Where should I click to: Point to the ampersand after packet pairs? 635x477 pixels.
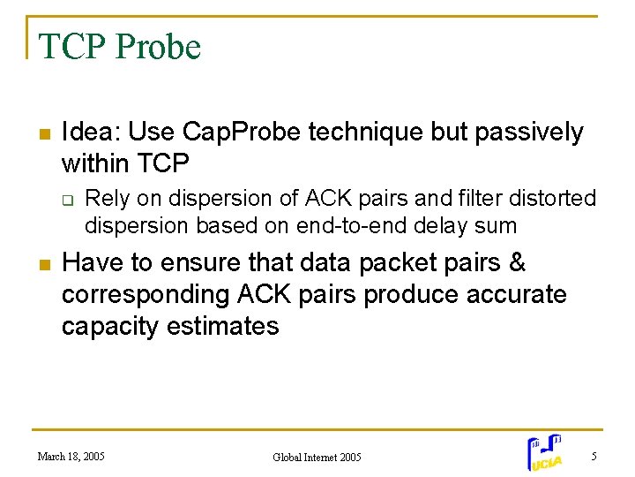pos(518,263)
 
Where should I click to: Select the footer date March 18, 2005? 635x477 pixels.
pos(71,457)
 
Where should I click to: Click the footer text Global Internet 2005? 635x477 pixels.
pos(317,457)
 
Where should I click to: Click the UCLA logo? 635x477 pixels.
pos(544,452)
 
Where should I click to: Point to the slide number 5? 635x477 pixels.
pos(594,456)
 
